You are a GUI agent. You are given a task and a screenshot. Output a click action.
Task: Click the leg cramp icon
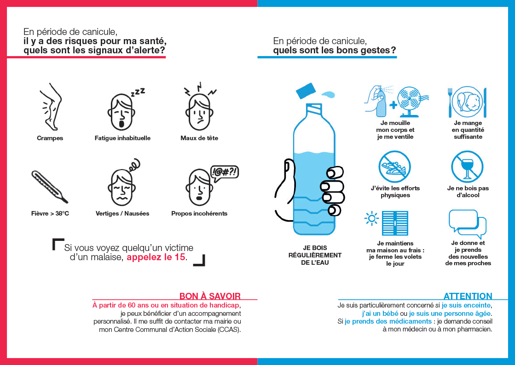click(x=51, y=107)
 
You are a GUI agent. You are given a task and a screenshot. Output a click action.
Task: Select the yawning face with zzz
click(x=125, y=110)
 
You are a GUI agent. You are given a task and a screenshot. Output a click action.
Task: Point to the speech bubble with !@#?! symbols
click(x=224, y=173)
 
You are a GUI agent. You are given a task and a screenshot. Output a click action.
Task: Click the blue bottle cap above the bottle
click(x=306, y=91)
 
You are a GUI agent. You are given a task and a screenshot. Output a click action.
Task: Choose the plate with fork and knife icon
click(x=468, y=102)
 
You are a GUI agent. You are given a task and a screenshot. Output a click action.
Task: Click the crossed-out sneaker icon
click(x=394, y=166)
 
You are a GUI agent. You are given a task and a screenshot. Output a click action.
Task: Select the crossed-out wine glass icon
click(x=467, y=166)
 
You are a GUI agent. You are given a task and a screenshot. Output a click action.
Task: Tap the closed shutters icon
click(x=395, y=223)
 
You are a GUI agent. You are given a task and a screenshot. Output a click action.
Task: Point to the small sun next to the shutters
click(x=371, y=218)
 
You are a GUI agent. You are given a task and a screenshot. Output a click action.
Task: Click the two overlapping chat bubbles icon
click(x=468, y=224)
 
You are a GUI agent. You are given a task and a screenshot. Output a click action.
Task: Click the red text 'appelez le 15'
click(x=156, y=257)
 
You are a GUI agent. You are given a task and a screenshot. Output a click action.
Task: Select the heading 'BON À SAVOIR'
click(x=210, y=296)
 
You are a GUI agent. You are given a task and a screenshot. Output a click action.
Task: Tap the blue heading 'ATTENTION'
click(x=468, y=296)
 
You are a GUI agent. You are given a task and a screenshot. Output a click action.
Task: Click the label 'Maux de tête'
click(x=199, y=138)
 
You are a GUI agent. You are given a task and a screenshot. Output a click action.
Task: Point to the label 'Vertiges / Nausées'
click(x=122, y=213)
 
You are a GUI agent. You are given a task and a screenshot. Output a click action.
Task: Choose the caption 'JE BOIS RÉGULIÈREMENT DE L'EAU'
click(x=315, y=255)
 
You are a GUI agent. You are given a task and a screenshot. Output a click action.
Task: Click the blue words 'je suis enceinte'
click(x=466, y=305)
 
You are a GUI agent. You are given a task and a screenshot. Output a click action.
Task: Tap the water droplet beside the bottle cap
click(x=328, y=94)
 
